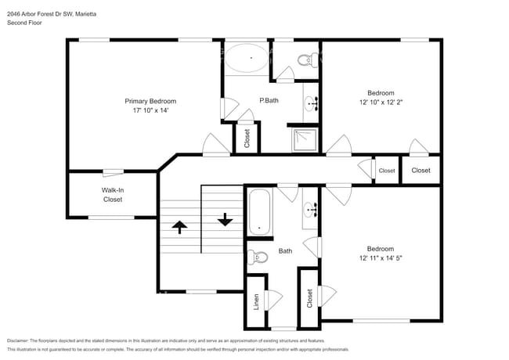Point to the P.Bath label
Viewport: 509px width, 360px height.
coord(269,100)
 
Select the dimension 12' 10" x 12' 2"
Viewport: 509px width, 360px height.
coord(381,103)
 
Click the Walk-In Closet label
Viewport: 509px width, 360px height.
coord(113,194)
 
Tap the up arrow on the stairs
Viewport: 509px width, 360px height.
coord(179,227)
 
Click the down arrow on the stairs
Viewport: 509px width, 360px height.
coord(226,219)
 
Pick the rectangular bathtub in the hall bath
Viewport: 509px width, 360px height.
coord(260,211)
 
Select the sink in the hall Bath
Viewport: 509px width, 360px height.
coord(310,211)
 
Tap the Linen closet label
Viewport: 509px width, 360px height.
coord(256,301)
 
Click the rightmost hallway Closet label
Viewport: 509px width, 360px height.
coord(421,170)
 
